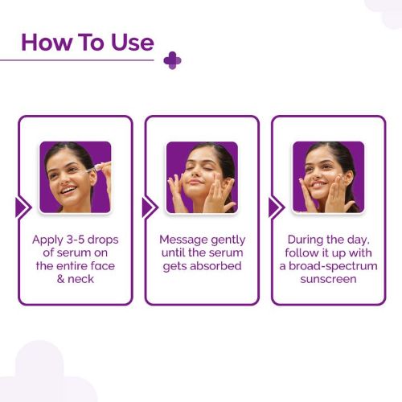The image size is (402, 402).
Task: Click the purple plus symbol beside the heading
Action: click(x=172, y=61)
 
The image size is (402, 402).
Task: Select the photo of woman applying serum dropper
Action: click(x=75, y=177)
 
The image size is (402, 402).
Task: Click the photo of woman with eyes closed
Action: click(x=201, y=177)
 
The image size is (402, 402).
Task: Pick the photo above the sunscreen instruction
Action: click(x=328, y=177)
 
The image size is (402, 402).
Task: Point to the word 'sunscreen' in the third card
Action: click(x=328, y=279)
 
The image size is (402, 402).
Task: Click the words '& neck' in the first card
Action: click(x=75, y=279)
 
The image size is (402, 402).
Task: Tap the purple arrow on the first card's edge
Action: click(x=22, y=207)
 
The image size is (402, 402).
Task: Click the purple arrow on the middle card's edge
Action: click(x=148, y=207)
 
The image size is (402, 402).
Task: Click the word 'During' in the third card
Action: click(x=306, y=240)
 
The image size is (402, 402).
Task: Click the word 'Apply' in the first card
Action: click(x=47, y=240)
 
